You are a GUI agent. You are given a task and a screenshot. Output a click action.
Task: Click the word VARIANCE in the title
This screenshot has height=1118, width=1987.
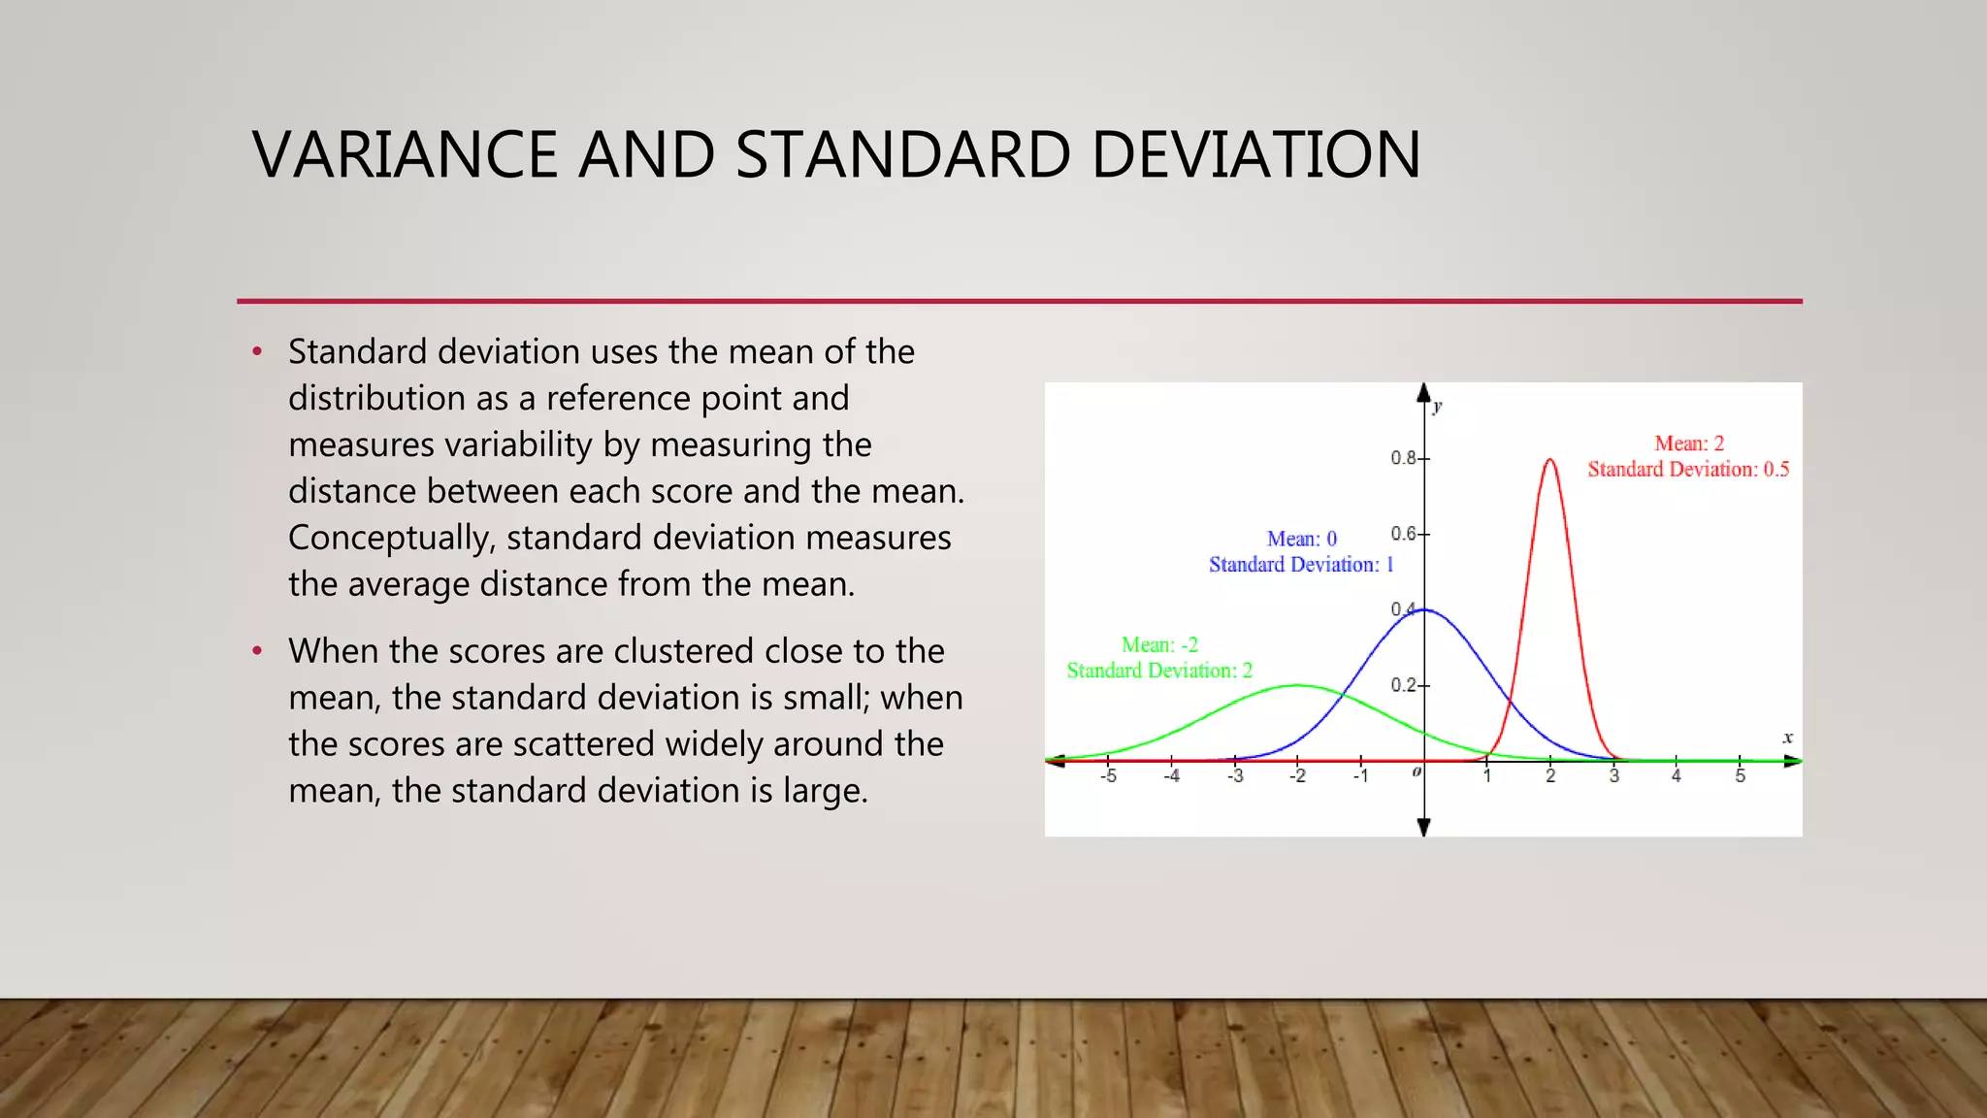coord(405,155)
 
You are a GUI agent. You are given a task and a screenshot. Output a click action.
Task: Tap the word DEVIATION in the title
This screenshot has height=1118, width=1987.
coord(1255,155)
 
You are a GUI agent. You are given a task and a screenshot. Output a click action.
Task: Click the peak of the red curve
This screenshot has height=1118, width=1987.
coord(1549,460)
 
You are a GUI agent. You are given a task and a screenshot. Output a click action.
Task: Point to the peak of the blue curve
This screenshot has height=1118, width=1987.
coord(1423,609)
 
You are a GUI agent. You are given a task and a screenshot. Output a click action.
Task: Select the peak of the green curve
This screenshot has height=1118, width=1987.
coord(1297,686)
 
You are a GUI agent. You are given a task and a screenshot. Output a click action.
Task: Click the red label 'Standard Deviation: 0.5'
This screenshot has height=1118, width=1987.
coord(1687,470)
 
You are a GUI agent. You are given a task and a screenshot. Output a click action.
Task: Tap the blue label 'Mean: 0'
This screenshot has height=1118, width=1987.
coord(1301,539)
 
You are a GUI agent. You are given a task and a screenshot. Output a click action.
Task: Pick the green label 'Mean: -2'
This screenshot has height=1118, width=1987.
coord(1159,644)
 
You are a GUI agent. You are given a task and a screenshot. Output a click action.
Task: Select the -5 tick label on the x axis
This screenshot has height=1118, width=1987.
coord(1108,776)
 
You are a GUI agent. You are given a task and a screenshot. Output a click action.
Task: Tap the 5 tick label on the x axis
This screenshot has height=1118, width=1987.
coord(1740,776)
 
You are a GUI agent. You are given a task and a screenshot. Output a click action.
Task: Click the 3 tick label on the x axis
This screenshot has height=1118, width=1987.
coord(1613,776)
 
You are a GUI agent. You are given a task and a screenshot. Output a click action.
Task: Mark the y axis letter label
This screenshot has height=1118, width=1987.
coord(1437,406)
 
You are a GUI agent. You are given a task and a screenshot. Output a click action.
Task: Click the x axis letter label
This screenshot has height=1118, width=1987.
coord(1787,738)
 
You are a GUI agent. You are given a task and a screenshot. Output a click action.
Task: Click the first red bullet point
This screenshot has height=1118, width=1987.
coord(257,351)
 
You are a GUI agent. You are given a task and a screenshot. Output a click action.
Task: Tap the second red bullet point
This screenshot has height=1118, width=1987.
coord(257,650)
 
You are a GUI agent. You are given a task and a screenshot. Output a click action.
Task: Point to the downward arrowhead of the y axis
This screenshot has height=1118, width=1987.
coord(1423,827)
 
